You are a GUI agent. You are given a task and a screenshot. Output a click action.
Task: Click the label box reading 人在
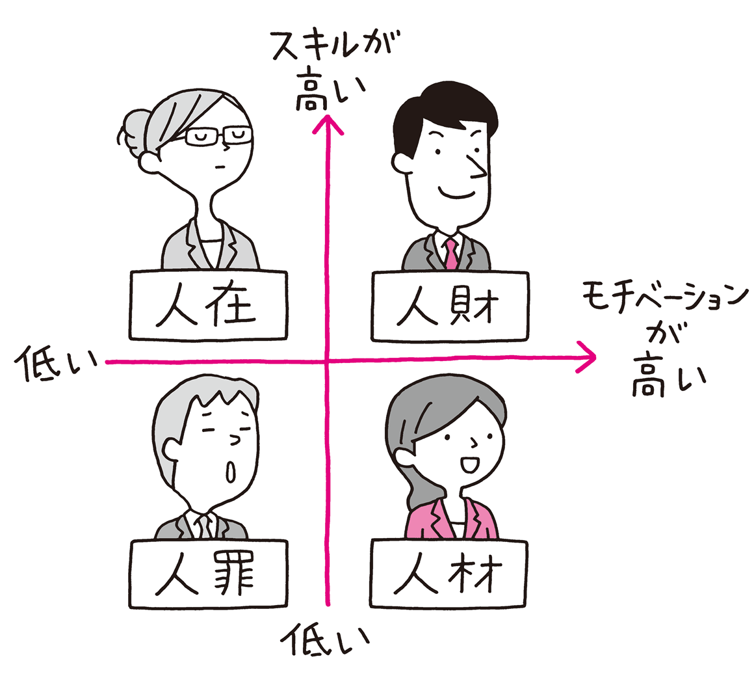(x=208, y=305)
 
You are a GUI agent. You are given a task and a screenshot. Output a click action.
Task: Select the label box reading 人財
(x=450, y=306)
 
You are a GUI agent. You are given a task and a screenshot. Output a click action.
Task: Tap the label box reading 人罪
(x=208, y=573)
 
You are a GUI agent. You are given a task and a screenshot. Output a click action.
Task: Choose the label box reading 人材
(x=448, y=573)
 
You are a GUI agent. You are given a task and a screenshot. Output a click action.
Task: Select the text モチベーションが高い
(x=666, y=339)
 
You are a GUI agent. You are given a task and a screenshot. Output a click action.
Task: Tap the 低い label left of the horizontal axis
(x=57, y=364)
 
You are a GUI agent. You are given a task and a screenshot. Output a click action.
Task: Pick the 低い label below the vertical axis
(x=325, y=640)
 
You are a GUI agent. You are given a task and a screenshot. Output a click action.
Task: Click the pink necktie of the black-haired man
(x=451, y=254)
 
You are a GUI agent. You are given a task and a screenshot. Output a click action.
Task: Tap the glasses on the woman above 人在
(x=218, y=136)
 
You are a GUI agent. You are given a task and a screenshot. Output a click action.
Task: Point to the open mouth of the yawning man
(x=231, y=471)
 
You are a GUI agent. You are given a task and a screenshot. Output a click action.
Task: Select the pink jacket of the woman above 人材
(x=450, y=519)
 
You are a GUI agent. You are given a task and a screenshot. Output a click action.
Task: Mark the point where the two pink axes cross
(x=328, y=360)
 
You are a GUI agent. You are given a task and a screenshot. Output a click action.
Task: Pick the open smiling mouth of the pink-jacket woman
(x=470, y=465)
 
